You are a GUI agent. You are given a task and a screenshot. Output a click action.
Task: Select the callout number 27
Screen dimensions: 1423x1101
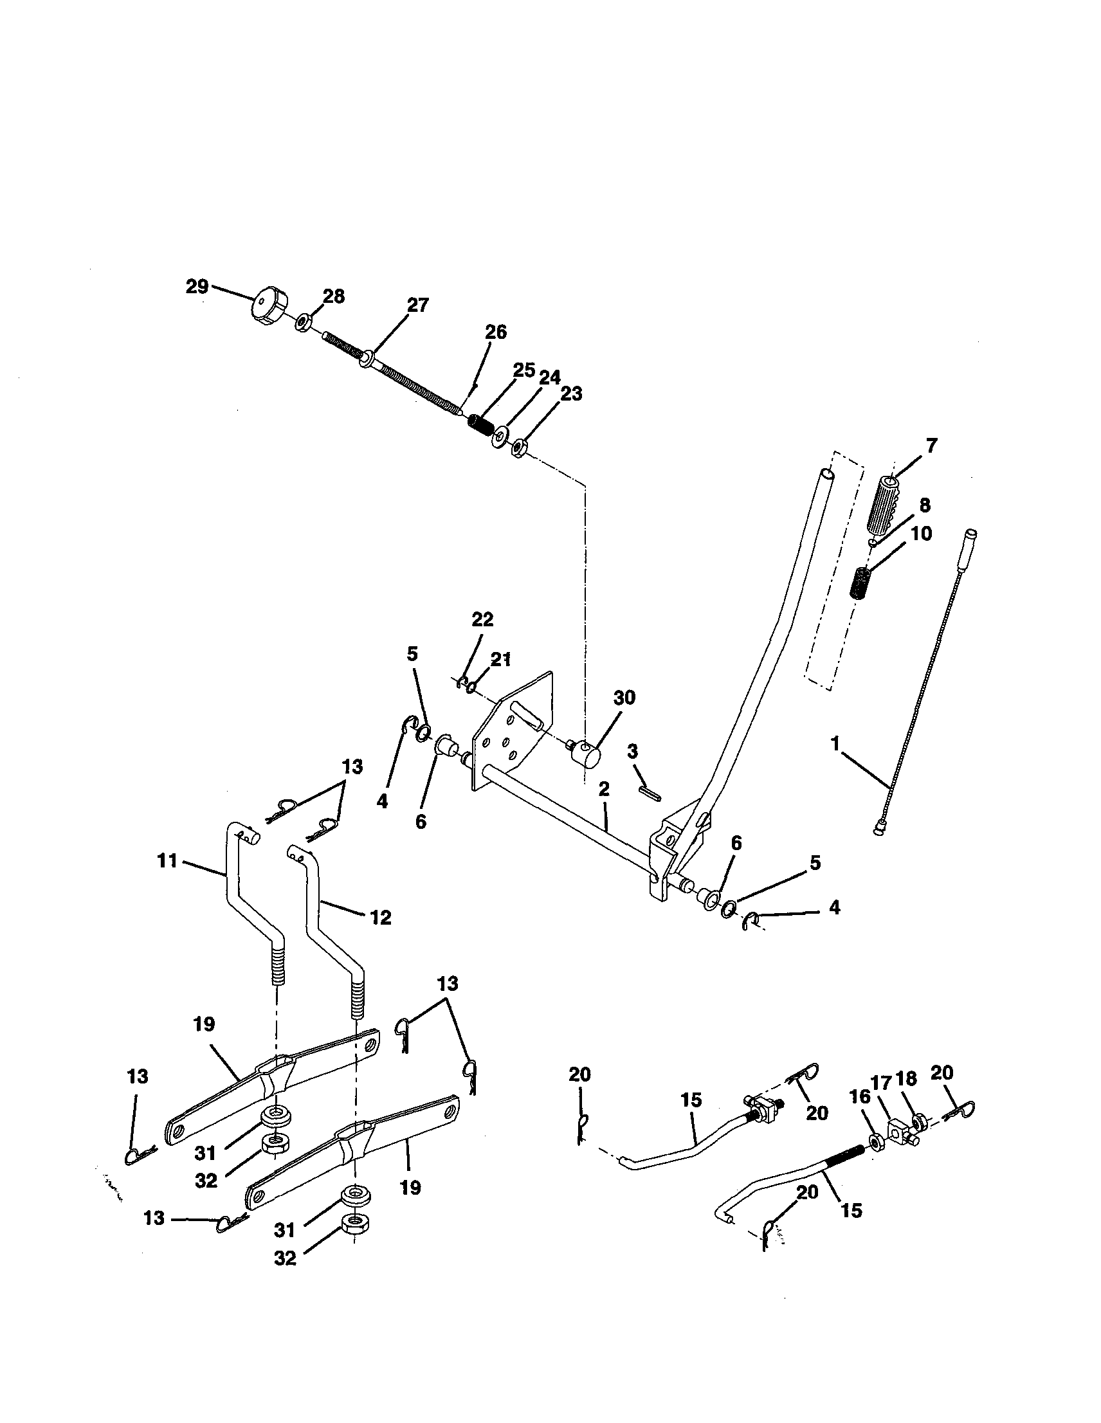pos(417,305)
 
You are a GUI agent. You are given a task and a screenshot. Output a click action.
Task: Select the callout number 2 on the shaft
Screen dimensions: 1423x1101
pos(604,790)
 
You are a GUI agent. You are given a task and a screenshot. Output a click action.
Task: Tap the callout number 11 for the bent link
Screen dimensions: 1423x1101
pos(167,861)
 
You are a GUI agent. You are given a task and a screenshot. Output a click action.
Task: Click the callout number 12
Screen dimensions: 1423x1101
pos(381,918)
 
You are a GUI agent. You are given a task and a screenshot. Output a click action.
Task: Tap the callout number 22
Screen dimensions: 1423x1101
pos(483,619)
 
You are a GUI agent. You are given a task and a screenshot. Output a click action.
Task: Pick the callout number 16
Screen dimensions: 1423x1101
pos(860,1096)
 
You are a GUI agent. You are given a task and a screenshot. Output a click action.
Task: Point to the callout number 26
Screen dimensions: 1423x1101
pos(496,332)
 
